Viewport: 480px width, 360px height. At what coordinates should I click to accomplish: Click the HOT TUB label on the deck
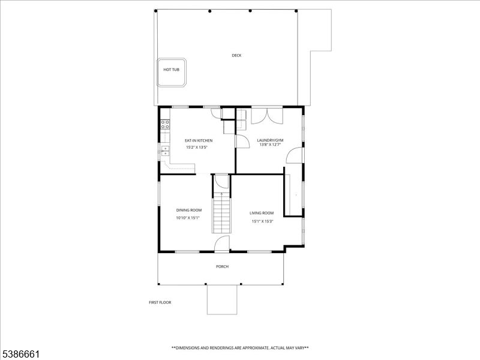[x=171, y=70]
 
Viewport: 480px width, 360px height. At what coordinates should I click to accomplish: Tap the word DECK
[x=237, y=56]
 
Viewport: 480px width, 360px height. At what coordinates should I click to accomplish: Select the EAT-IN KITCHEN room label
[x=199, y=140]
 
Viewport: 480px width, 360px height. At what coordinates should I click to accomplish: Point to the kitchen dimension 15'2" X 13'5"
[x=196, y=147]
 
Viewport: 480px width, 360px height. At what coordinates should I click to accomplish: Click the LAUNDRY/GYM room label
[x=271, y=140]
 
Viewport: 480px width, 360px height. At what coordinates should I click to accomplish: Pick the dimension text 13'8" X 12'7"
[x=271, y=145]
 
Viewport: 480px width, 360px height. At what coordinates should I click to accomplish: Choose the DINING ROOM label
[x=188, y=210]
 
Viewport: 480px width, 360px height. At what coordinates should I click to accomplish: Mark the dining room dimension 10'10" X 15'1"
[x=188, y=218]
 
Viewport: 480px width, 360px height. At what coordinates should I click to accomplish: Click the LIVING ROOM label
[x=262, y=213]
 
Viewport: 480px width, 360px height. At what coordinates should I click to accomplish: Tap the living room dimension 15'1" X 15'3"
[x=262, y=221]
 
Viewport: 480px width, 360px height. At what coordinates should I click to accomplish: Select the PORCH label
[x=222, y=266]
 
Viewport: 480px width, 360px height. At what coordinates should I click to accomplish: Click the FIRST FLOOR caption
[x=160, y=302]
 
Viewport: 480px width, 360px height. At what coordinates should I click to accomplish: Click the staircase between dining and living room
[x=221, y=213]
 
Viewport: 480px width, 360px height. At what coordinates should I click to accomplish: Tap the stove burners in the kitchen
[x=164, y=125]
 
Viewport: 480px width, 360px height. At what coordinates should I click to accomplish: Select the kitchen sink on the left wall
[x=164, y=150]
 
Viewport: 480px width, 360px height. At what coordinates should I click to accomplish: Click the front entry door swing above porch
[x=221, y=244]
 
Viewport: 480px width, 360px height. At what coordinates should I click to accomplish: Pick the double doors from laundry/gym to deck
[x=266, y=115]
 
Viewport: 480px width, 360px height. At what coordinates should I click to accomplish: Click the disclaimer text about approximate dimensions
[x=240, y=348]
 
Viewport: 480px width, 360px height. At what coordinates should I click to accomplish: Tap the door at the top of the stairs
[x=221, y=181]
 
